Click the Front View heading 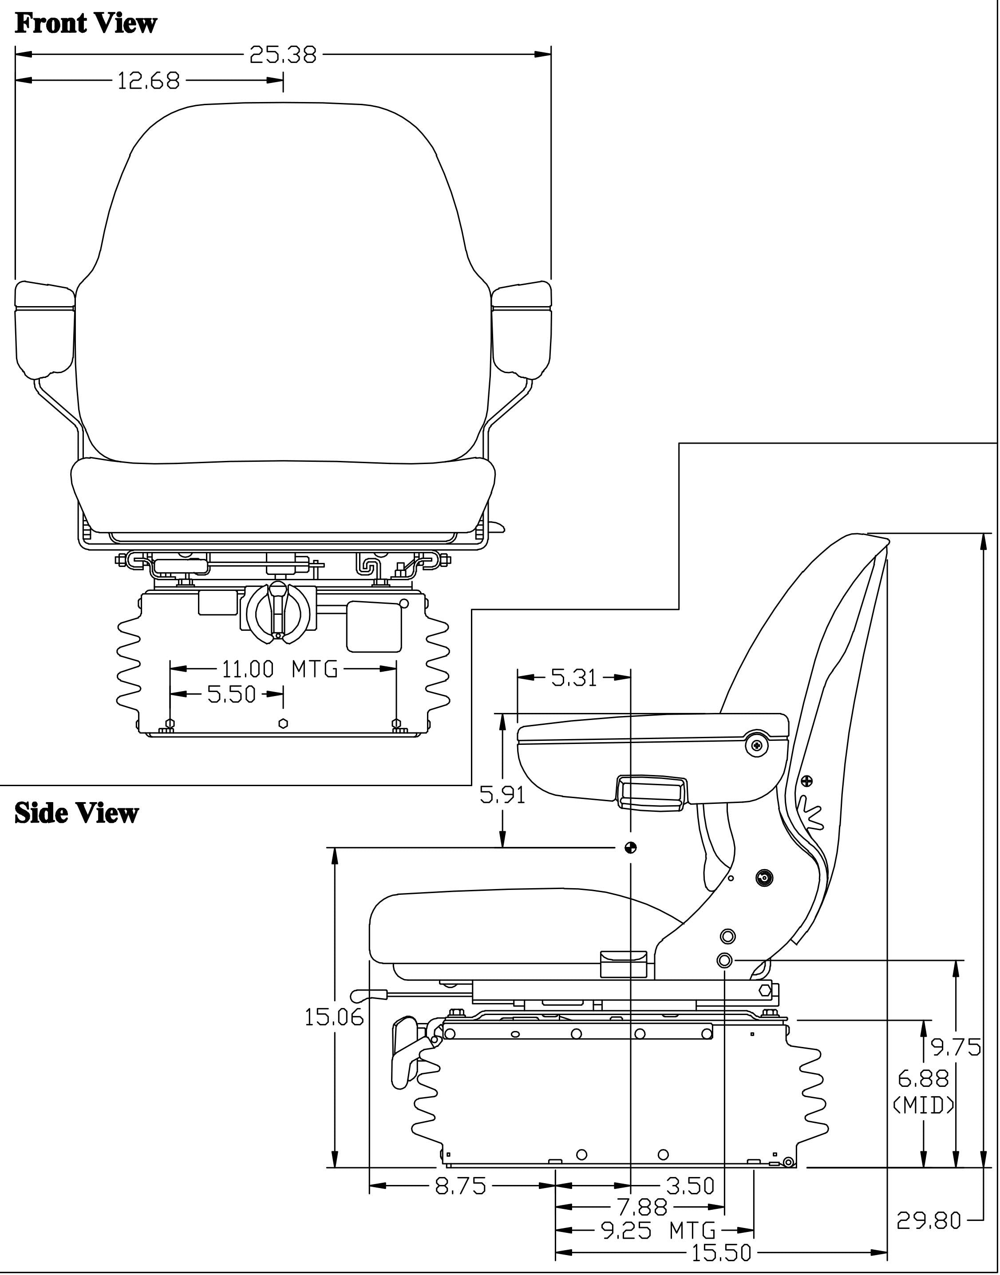[x=86, y=24]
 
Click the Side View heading [x=76, y=813]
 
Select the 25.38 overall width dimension [x=283, y=55]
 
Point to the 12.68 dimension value [x=149, y=81]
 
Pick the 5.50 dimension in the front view [x=232, y=694]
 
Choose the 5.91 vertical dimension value [x=502, y=795]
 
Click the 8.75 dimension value [x=461, y=1186]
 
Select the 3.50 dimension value [x=691, y=1186]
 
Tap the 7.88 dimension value [x=642, y=1207]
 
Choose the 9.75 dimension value [x=956, y=1047]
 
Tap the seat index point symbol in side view [x=630, y=847]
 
